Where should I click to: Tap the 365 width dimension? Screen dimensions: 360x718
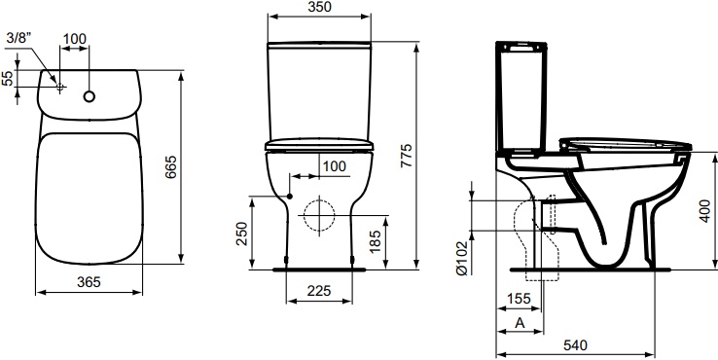(89, 281)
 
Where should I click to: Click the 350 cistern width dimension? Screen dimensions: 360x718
(319, 9)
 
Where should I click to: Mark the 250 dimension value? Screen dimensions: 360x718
(242, 234)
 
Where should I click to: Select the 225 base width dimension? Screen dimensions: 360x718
(318, 289)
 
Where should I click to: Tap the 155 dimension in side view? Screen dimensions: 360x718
(517, 301)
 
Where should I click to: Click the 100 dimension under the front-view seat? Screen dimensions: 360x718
(334, 166)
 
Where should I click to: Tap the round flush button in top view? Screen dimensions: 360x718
(90, 97)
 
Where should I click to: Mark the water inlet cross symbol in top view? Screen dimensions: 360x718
(60, 88)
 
